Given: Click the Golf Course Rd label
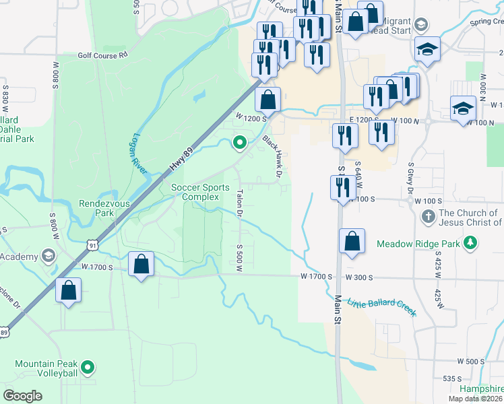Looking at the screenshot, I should coord(102,55).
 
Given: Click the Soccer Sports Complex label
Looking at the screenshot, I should coord(200,192).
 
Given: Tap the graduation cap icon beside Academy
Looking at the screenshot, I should coord(48,255).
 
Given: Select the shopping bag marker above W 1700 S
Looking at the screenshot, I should coord(141,264).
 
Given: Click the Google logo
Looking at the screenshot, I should coord(23,396).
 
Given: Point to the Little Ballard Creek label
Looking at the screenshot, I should coord(382,308).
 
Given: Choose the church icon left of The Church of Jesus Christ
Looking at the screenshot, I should coord(427,217).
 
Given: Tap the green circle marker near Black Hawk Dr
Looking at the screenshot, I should coord(239,142).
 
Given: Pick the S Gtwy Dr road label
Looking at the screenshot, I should coord(410,178).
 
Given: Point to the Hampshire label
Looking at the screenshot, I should coord(481,389).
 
